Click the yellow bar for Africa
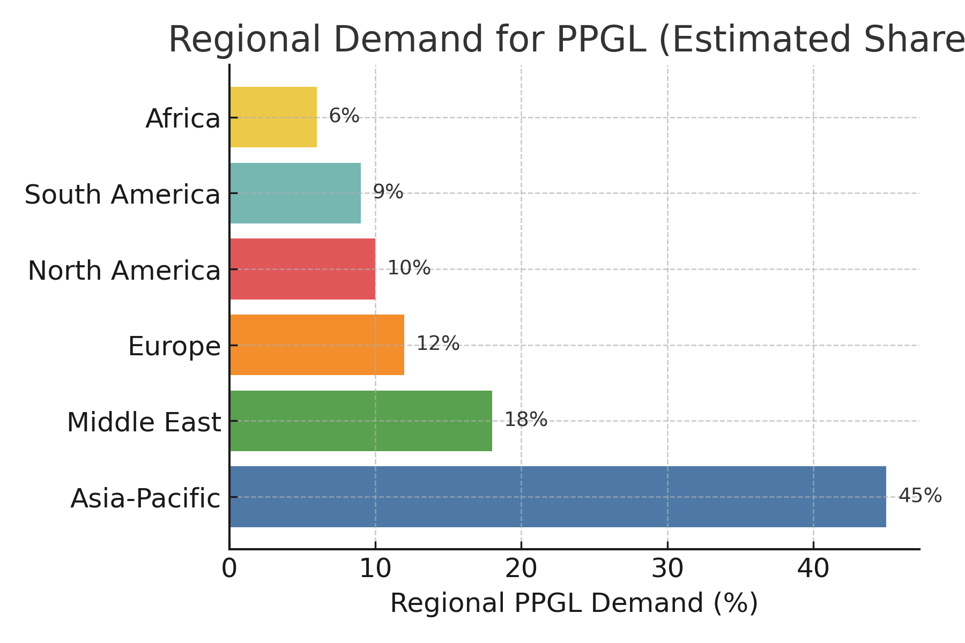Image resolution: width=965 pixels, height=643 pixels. tap(273, 117)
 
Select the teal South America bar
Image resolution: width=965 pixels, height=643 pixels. tap(295, 193)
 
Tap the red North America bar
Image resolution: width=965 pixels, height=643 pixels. tap(302, 269)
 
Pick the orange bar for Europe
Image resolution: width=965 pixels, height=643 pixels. tap(317, 345)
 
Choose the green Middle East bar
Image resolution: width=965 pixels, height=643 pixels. tap(361, 421)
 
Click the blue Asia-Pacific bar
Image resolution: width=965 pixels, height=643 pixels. tap(558, 497)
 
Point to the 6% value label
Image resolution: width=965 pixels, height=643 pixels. tap(344, 116)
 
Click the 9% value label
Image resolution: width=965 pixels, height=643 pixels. tap(388, 192)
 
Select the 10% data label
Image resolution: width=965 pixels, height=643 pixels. tap(409, 268)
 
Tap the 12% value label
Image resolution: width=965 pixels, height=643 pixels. tap(437, 343)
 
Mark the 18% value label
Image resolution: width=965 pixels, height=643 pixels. tap(525, 420)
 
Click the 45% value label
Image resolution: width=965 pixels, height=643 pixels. tap(919, 496)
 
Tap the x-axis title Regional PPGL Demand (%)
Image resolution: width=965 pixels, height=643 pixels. tap(574, 603)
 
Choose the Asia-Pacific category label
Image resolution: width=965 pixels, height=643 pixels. tap(145, 498)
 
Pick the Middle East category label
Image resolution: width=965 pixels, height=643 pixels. tap(144, 422)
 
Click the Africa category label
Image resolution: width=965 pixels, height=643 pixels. tap(183, 119)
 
